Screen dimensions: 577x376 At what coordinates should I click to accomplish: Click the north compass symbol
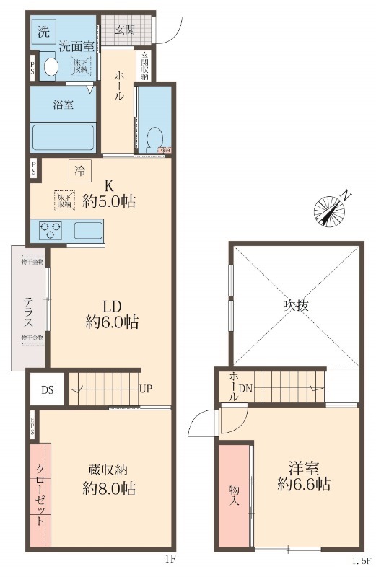click(331, 208)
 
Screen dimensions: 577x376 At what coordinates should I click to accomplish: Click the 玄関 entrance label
click(124, 30)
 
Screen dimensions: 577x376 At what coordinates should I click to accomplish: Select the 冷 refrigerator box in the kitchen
click(80, 172)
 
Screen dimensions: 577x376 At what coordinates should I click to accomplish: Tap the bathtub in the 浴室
click(63, 135)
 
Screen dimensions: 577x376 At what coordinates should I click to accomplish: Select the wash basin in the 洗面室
click(51, 67)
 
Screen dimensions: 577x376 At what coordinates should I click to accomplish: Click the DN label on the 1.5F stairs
click(246, 389)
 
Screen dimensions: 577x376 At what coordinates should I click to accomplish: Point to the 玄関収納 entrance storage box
click(144, 66)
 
